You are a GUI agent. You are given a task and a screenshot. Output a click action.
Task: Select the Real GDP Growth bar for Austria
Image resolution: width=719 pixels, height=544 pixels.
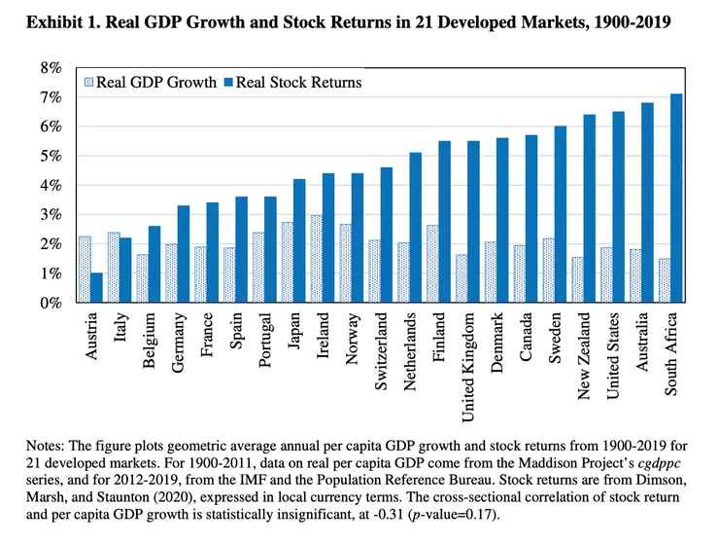[x=85, y=270]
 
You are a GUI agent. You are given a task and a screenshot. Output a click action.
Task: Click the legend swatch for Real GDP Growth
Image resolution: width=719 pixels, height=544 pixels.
[x=89, y=83]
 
